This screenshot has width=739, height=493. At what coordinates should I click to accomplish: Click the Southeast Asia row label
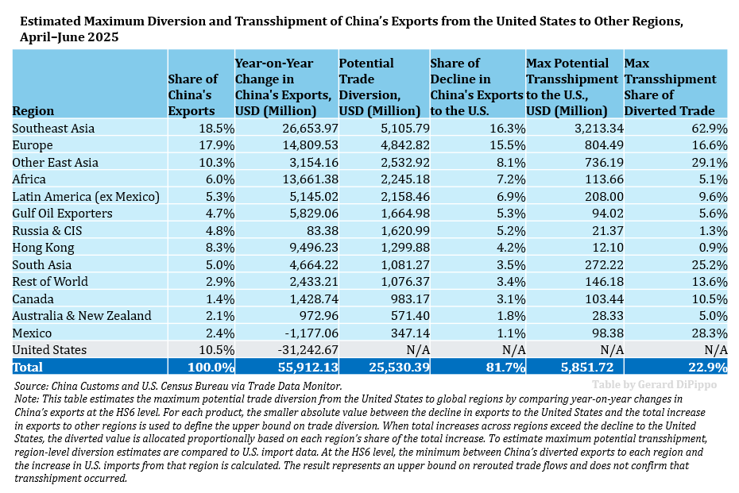coord(53,128)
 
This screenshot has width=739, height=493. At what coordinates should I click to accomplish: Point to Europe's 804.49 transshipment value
coord(597,145)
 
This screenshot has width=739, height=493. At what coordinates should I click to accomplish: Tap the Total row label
coord(28,368)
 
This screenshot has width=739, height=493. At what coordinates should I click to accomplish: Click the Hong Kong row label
coord(43,248)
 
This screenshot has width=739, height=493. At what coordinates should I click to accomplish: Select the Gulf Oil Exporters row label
coord(62,214)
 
